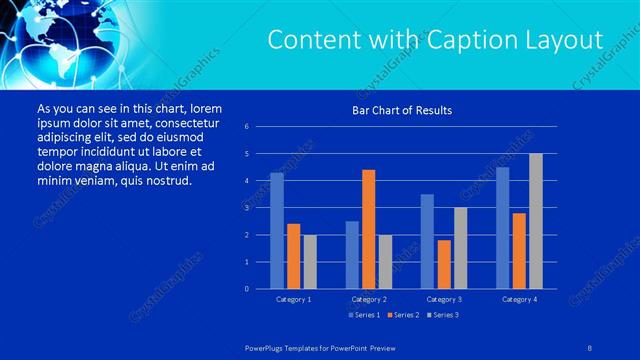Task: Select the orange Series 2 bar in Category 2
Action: (x=368, y=229)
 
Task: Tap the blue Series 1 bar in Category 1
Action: (x=277, y=230)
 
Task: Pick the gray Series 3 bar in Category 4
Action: (x=535, y=221)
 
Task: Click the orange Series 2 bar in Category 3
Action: (x=443, y=264)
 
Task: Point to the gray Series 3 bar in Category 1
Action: (x=309, y=261)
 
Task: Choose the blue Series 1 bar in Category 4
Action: (x=502, y=227)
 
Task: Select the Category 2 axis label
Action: (x=368, y=299)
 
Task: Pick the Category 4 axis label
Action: (x=519, y=299)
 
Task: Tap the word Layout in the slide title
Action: (x=567, y=40)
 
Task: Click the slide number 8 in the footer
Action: (x=591, y=345)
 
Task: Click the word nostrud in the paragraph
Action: (x=166, y=181)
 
